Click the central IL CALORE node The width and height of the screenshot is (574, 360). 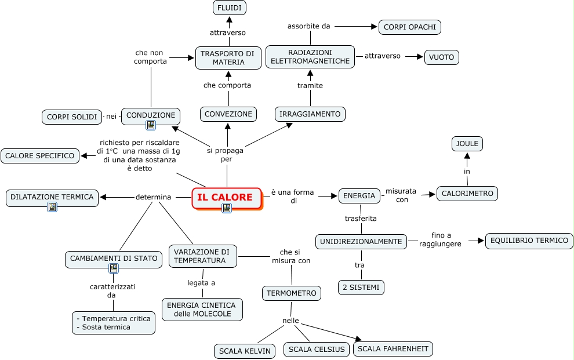(227, 198)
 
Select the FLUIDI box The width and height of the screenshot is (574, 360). (230, 8)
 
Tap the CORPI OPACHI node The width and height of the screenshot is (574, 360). (410, 27)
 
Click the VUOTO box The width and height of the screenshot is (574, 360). (441, 57)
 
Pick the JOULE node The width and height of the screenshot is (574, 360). (467, 144)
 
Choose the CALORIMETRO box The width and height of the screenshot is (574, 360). (467, 194)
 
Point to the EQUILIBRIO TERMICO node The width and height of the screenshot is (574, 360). (529, 241)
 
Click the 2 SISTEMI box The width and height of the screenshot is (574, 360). (361, 288)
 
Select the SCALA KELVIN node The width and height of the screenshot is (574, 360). (245, 351)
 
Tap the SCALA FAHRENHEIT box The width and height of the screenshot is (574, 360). (393, 348)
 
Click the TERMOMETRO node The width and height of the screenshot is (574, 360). (292, 293)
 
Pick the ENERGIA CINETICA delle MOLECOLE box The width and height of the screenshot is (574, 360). (202, 310)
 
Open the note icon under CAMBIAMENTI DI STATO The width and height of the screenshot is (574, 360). (114, 268)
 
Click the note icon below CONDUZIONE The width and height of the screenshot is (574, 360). (150, 125)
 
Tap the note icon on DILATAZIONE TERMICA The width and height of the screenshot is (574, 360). (52, 207)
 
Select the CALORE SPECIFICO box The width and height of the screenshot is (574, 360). (40, 156)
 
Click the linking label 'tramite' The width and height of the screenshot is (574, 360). (310, 86)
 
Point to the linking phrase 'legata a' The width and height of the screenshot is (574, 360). (201, 283)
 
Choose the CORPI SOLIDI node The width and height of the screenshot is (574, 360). (72, 117)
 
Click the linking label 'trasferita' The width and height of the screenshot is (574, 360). (361, 219)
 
